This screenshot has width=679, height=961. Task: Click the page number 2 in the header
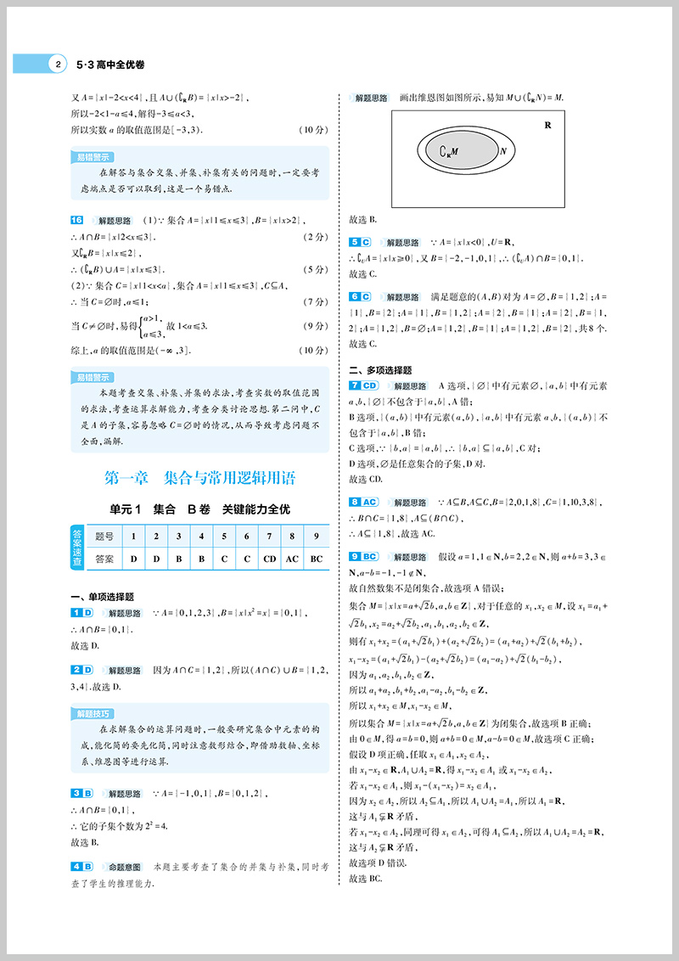(x=57, y=64)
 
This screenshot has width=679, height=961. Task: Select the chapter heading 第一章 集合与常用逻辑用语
(x=200, y=478)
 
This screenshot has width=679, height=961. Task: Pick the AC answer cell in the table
(x=292, y=559)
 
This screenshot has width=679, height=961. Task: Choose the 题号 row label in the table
(x=104, y=537)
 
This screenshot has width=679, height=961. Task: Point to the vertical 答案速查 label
(x=77, y=548)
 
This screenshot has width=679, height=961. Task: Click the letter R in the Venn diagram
(x=547, y=125)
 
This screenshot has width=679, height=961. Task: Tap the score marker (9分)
(x=314, y=326)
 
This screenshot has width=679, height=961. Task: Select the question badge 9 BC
(x=363, y=557)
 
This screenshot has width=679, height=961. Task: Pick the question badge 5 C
(x=360, y=242)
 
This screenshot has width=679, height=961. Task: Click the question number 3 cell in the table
(x=177, y=537)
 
